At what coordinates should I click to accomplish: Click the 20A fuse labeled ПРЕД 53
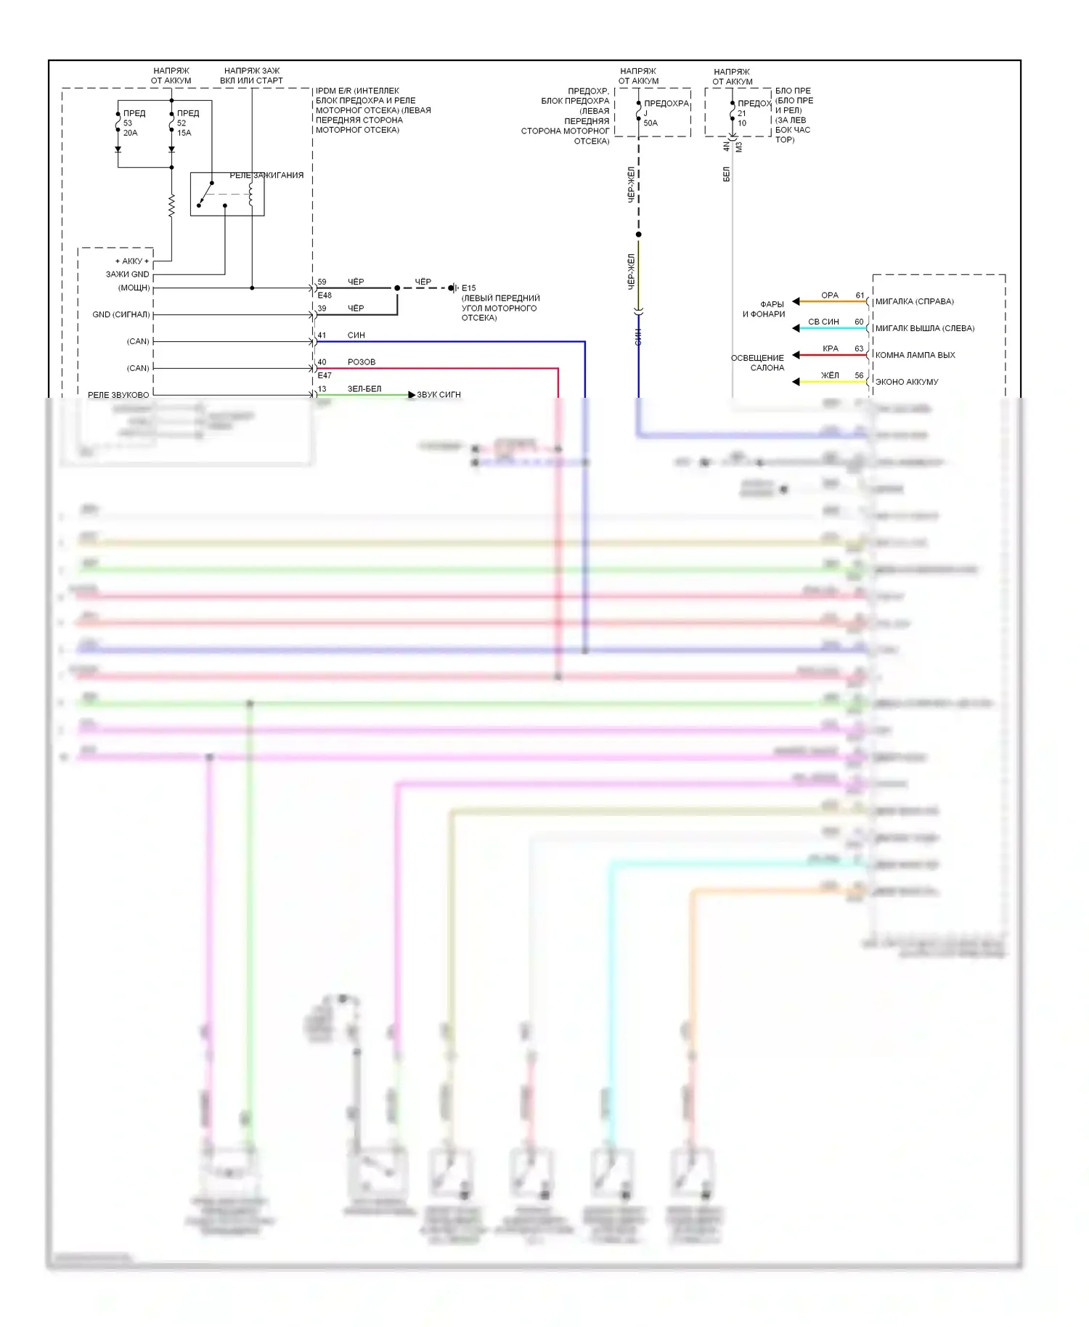[x=119, y=123]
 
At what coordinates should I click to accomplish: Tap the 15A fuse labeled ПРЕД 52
[x=173, y=123]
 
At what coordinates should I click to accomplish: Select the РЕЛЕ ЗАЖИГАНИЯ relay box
[x=227, y=195]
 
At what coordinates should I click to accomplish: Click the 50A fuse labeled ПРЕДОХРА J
[x=640, y=113]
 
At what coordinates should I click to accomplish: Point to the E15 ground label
[x=468, y=288]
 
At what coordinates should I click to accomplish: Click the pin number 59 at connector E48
[x=322, y=282]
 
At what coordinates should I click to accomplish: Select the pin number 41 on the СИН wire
[x=322, y=335]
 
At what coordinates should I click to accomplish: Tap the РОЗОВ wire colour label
[x=362, y=362]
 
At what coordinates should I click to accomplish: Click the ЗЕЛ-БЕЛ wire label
[x=364, y=389]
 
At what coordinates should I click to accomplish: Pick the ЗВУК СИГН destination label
[x=439, y=395]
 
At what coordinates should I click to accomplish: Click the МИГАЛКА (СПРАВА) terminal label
[x=915, y=301]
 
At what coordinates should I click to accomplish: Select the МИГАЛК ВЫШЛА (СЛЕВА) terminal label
[x=925, y=328]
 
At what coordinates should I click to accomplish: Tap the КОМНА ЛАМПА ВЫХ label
[x=915, y=355]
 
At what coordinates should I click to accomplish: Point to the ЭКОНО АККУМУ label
[x=907, y=382]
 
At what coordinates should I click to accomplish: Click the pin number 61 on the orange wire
[x=860, y=295]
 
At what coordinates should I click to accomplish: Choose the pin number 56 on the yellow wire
[x=860, y=375]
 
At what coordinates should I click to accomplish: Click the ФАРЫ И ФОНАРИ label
[x=764, y=309]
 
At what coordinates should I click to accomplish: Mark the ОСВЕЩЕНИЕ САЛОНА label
[x=758, y=363]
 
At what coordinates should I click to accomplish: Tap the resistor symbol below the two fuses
[x=172, y=205]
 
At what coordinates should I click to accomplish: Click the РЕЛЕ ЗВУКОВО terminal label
[x=118, y=395]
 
